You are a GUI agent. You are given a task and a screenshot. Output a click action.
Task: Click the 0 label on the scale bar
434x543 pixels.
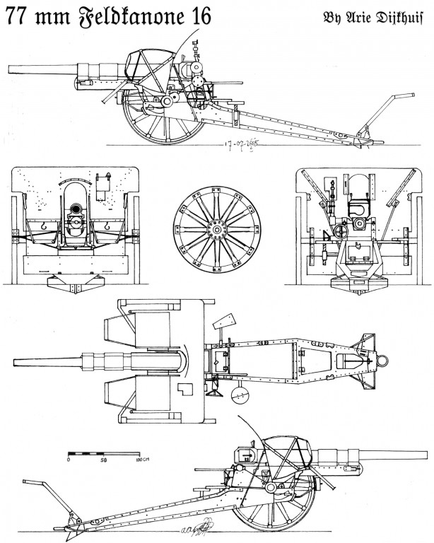[69, 460]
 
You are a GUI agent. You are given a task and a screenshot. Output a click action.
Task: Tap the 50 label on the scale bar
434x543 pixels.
[103, 460]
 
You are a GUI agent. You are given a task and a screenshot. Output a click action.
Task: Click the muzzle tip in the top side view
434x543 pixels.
[8, 69]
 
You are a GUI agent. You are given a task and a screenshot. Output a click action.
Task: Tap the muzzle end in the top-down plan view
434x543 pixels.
[14, 361]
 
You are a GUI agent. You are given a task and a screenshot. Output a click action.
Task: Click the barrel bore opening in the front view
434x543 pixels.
[74, 210]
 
